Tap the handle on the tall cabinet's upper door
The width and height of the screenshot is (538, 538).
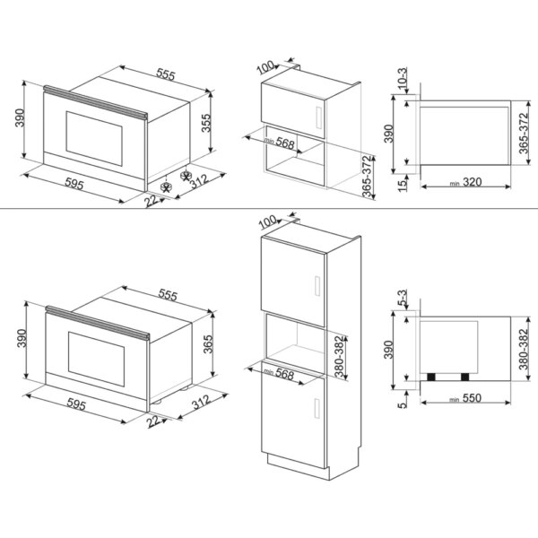coord(317,286)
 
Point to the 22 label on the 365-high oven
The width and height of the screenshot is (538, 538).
coord(154,420)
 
